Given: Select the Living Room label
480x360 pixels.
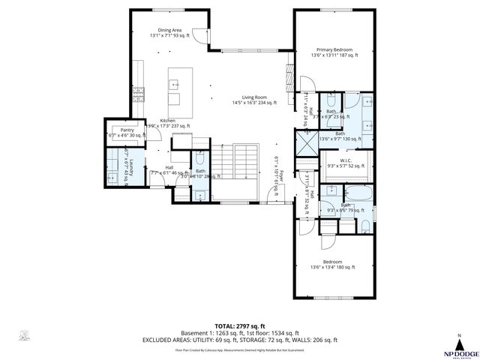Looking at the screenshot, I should coord(250,98).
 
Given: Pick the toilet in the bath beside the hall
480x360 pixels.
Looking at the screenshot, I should coord(199,159).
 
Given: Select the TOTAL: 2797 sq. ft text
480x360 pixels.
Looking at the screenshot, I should coord(240,326).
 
